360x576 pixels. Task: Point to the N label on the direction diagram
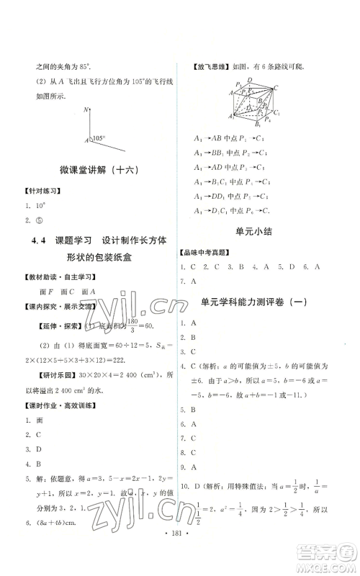pos(86,109)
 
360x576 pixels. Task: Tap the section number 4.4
pos(43,246)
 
